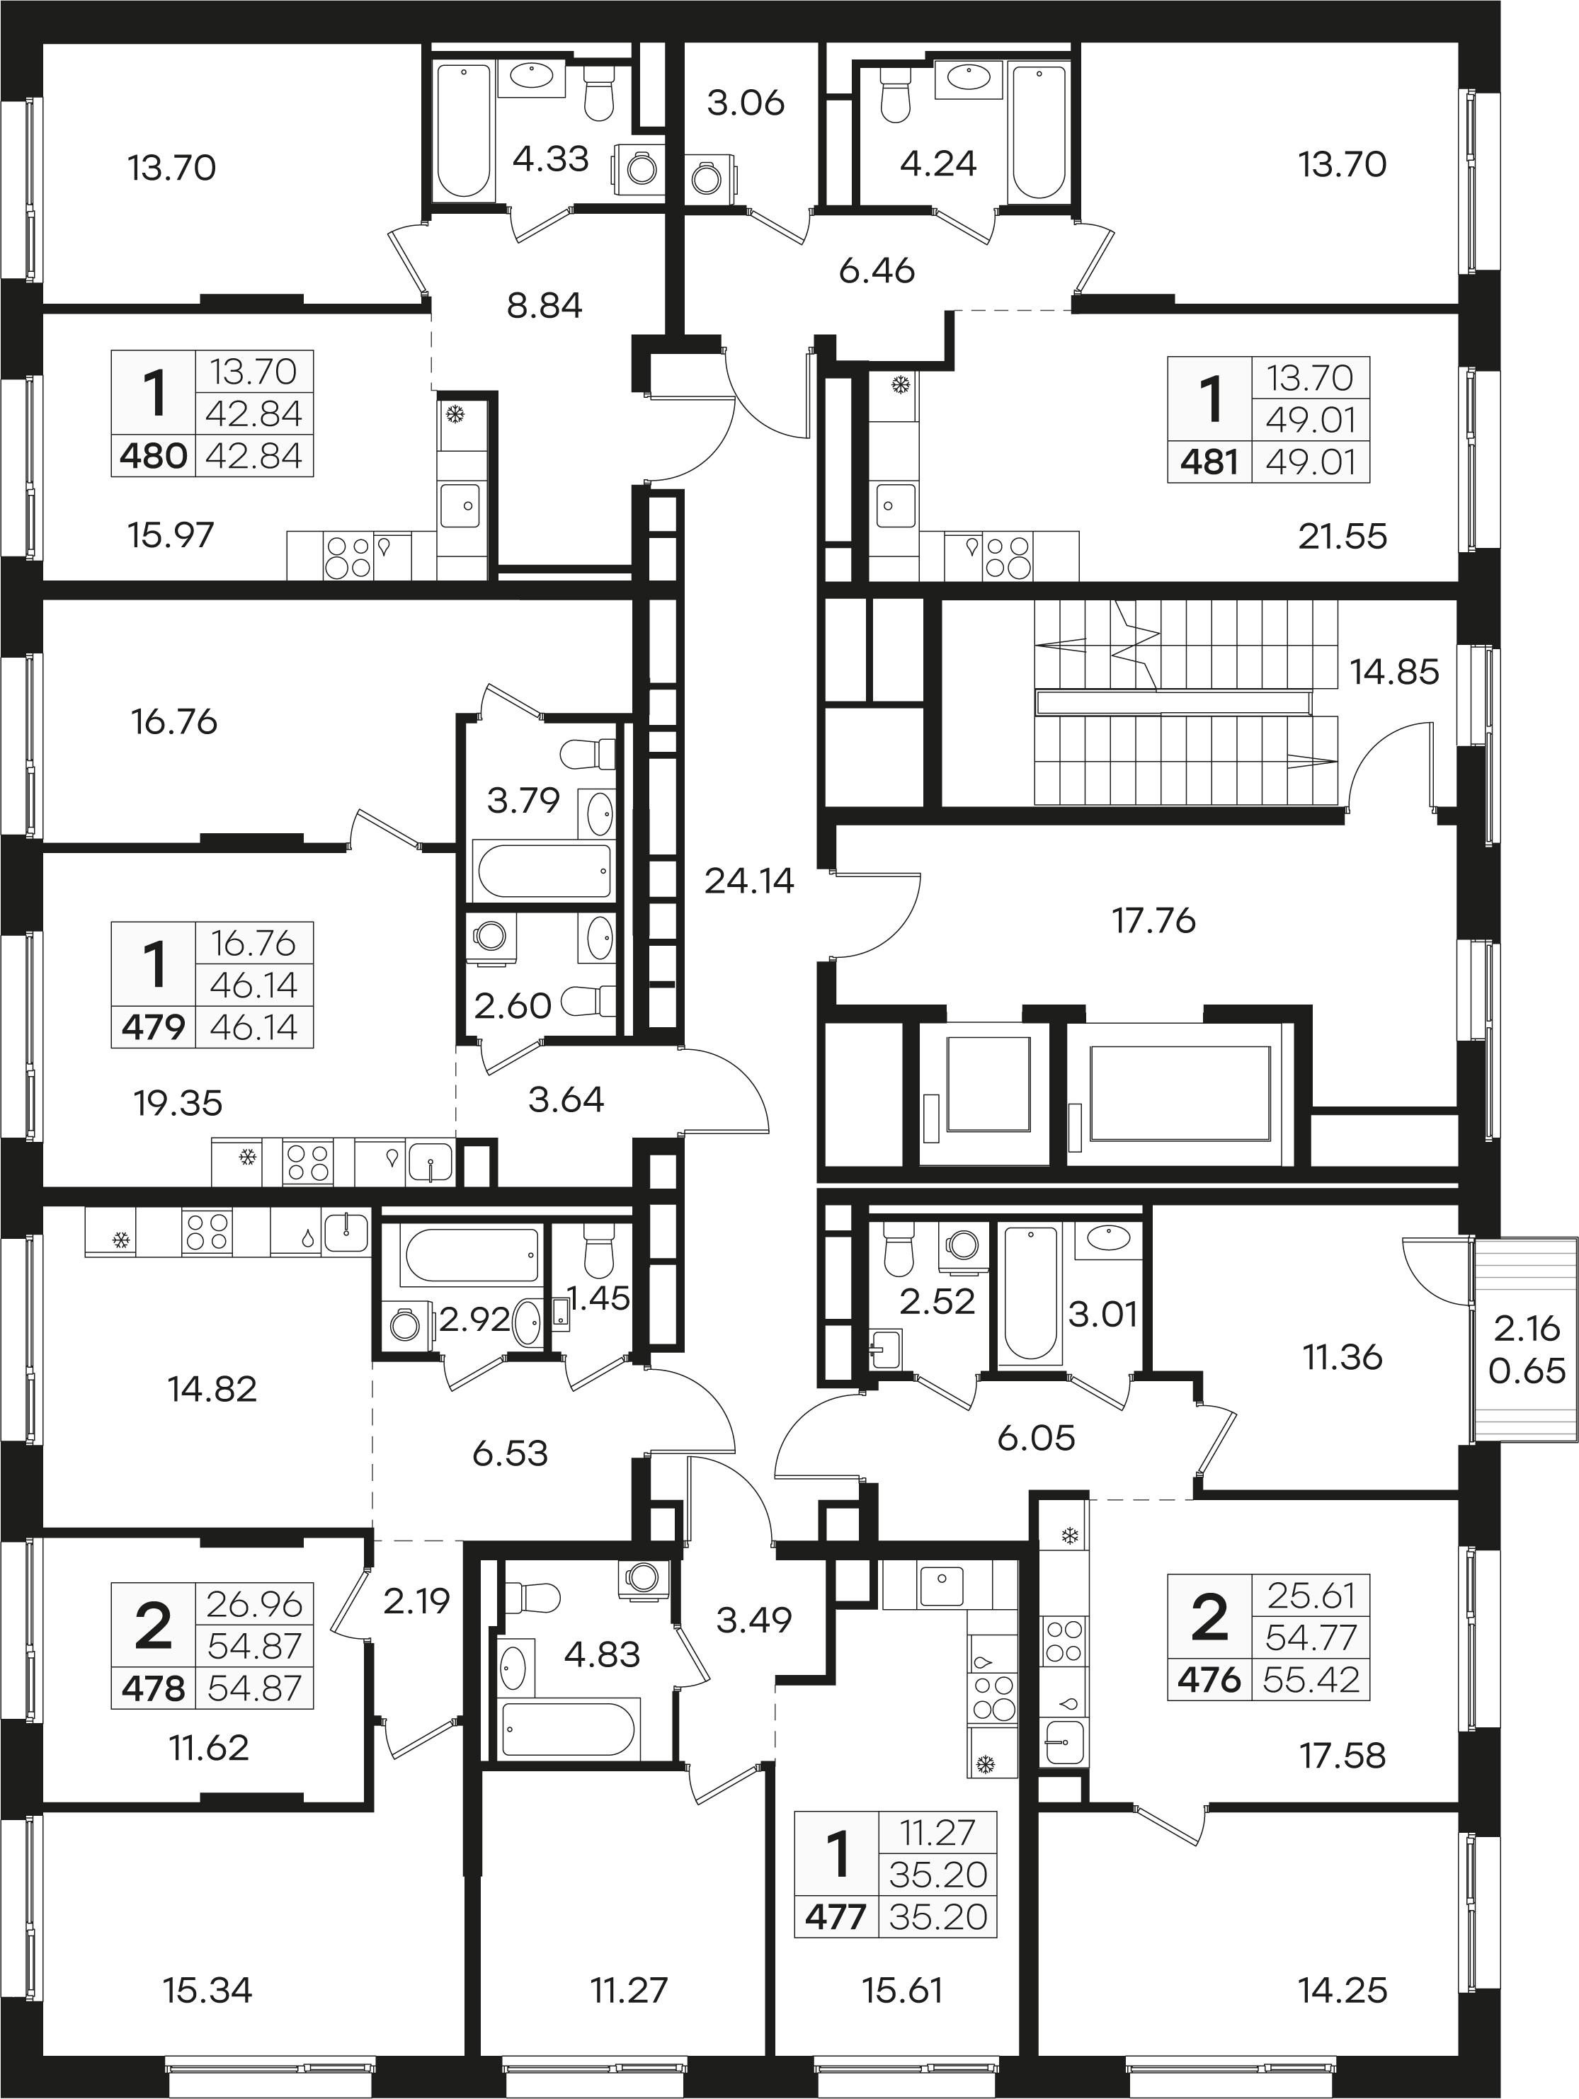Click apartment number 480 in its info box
(x=153, y=457)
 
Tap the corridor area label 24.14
(x=748, y=881)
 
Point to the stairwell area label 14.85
(x=1395, y=672)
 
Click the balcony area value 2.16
(x=1527, y=1329)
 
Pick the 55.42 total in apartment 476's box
(x=1311, y=1681)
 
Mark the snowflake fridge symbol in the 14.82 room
(x=120, y=1240)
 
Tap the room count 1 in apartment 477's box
(x=837, y=1855)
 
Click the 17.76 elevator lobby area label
(x=1154, y=920)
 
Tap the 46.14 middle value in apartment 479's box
(x=254, y=986)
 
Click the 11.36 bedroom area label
(x=1343, y=1358)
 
